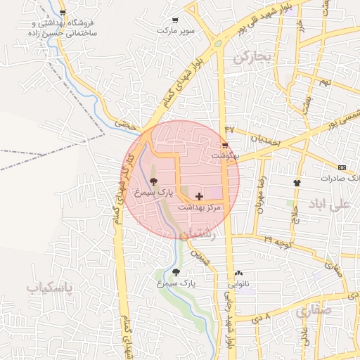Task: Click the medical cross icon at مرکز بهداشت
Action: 199,197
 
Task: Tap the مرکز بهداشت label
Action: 199,207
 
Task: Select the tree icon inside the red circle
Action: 154,181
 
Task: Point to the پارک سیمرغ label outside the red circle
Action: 176,283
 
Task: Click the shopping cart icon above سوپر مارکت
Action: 175,20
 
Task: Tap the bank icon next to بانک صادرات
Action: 342,167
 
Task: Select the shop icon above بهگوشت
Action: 225,145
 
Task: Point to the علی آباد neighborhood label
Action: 328,205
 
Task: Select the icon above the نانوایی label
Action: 238,274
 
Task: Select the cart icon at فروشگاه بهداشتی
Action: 63,13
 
